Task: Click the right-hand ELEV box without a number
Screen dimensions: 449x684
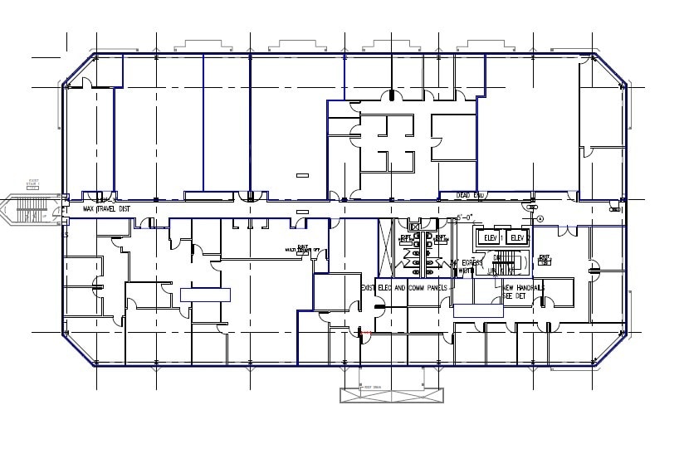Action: [x=516, y=238]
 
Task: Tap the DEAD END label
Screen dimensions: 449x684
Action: [x=471, y=195]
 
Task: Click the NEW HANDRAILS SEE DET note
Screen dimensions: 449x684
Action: [x=523, y=291]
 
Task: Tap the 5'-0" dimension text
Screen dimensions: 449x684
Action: [x=464, y=218]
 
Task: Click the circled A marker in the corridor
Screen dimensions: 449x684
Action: [x=540, y=219]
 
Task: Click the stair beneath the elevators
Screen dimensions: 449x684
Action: [x=508, y=264]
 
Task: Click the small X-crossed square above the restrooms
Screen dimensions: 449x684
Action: [x=414, y=227]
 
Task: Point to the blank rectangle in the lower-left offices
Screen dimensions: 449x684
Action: [x=205, y=294]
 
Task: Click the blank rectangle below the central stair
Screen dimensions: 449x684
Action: [x=477, y=310]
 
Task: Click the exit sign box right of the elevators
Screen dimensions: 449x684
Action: [x=545, y=259]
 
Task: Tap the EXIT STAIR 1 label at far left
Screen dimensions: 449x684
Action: [x=34, y=183]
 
